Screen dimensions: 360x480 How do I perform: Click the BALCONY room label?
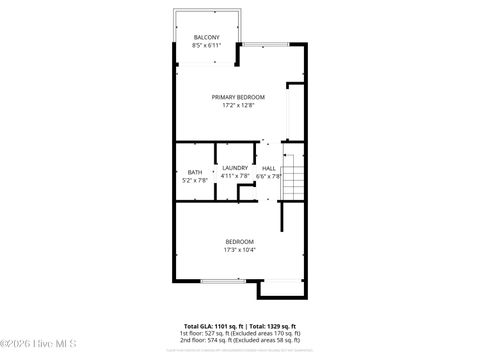[207, 37]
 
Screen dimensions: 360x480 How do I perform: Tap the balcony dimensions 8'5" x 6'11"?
[207, 46]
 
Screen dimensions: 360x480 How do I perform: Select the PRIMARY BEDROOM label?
[238, 96]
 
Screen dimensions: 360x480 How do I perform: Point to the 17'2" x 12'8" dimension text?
[238, 105]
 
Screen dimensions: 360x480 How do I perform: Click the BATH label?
[194, 172]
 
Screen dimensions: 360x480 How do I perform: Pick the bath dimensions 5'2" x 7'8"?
[194, 181]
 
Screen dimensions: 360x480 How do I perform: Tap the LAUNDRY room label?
[235, 167]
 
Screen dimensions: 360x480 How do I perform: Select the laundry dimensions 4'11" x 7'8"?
[235, 176]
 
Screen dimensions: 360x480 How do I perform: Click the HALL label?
[269, 167]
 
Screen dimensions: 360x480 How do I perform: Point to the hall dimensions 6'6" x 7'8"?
[269, 176]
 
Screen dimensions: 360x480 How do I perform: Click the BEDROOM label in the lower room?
[239, 241]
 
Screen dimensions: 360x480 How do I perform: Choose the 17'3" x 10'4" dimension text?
[239, 250]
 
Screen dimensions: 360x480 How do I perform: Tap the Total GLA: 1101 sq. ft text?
[215, 326]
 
